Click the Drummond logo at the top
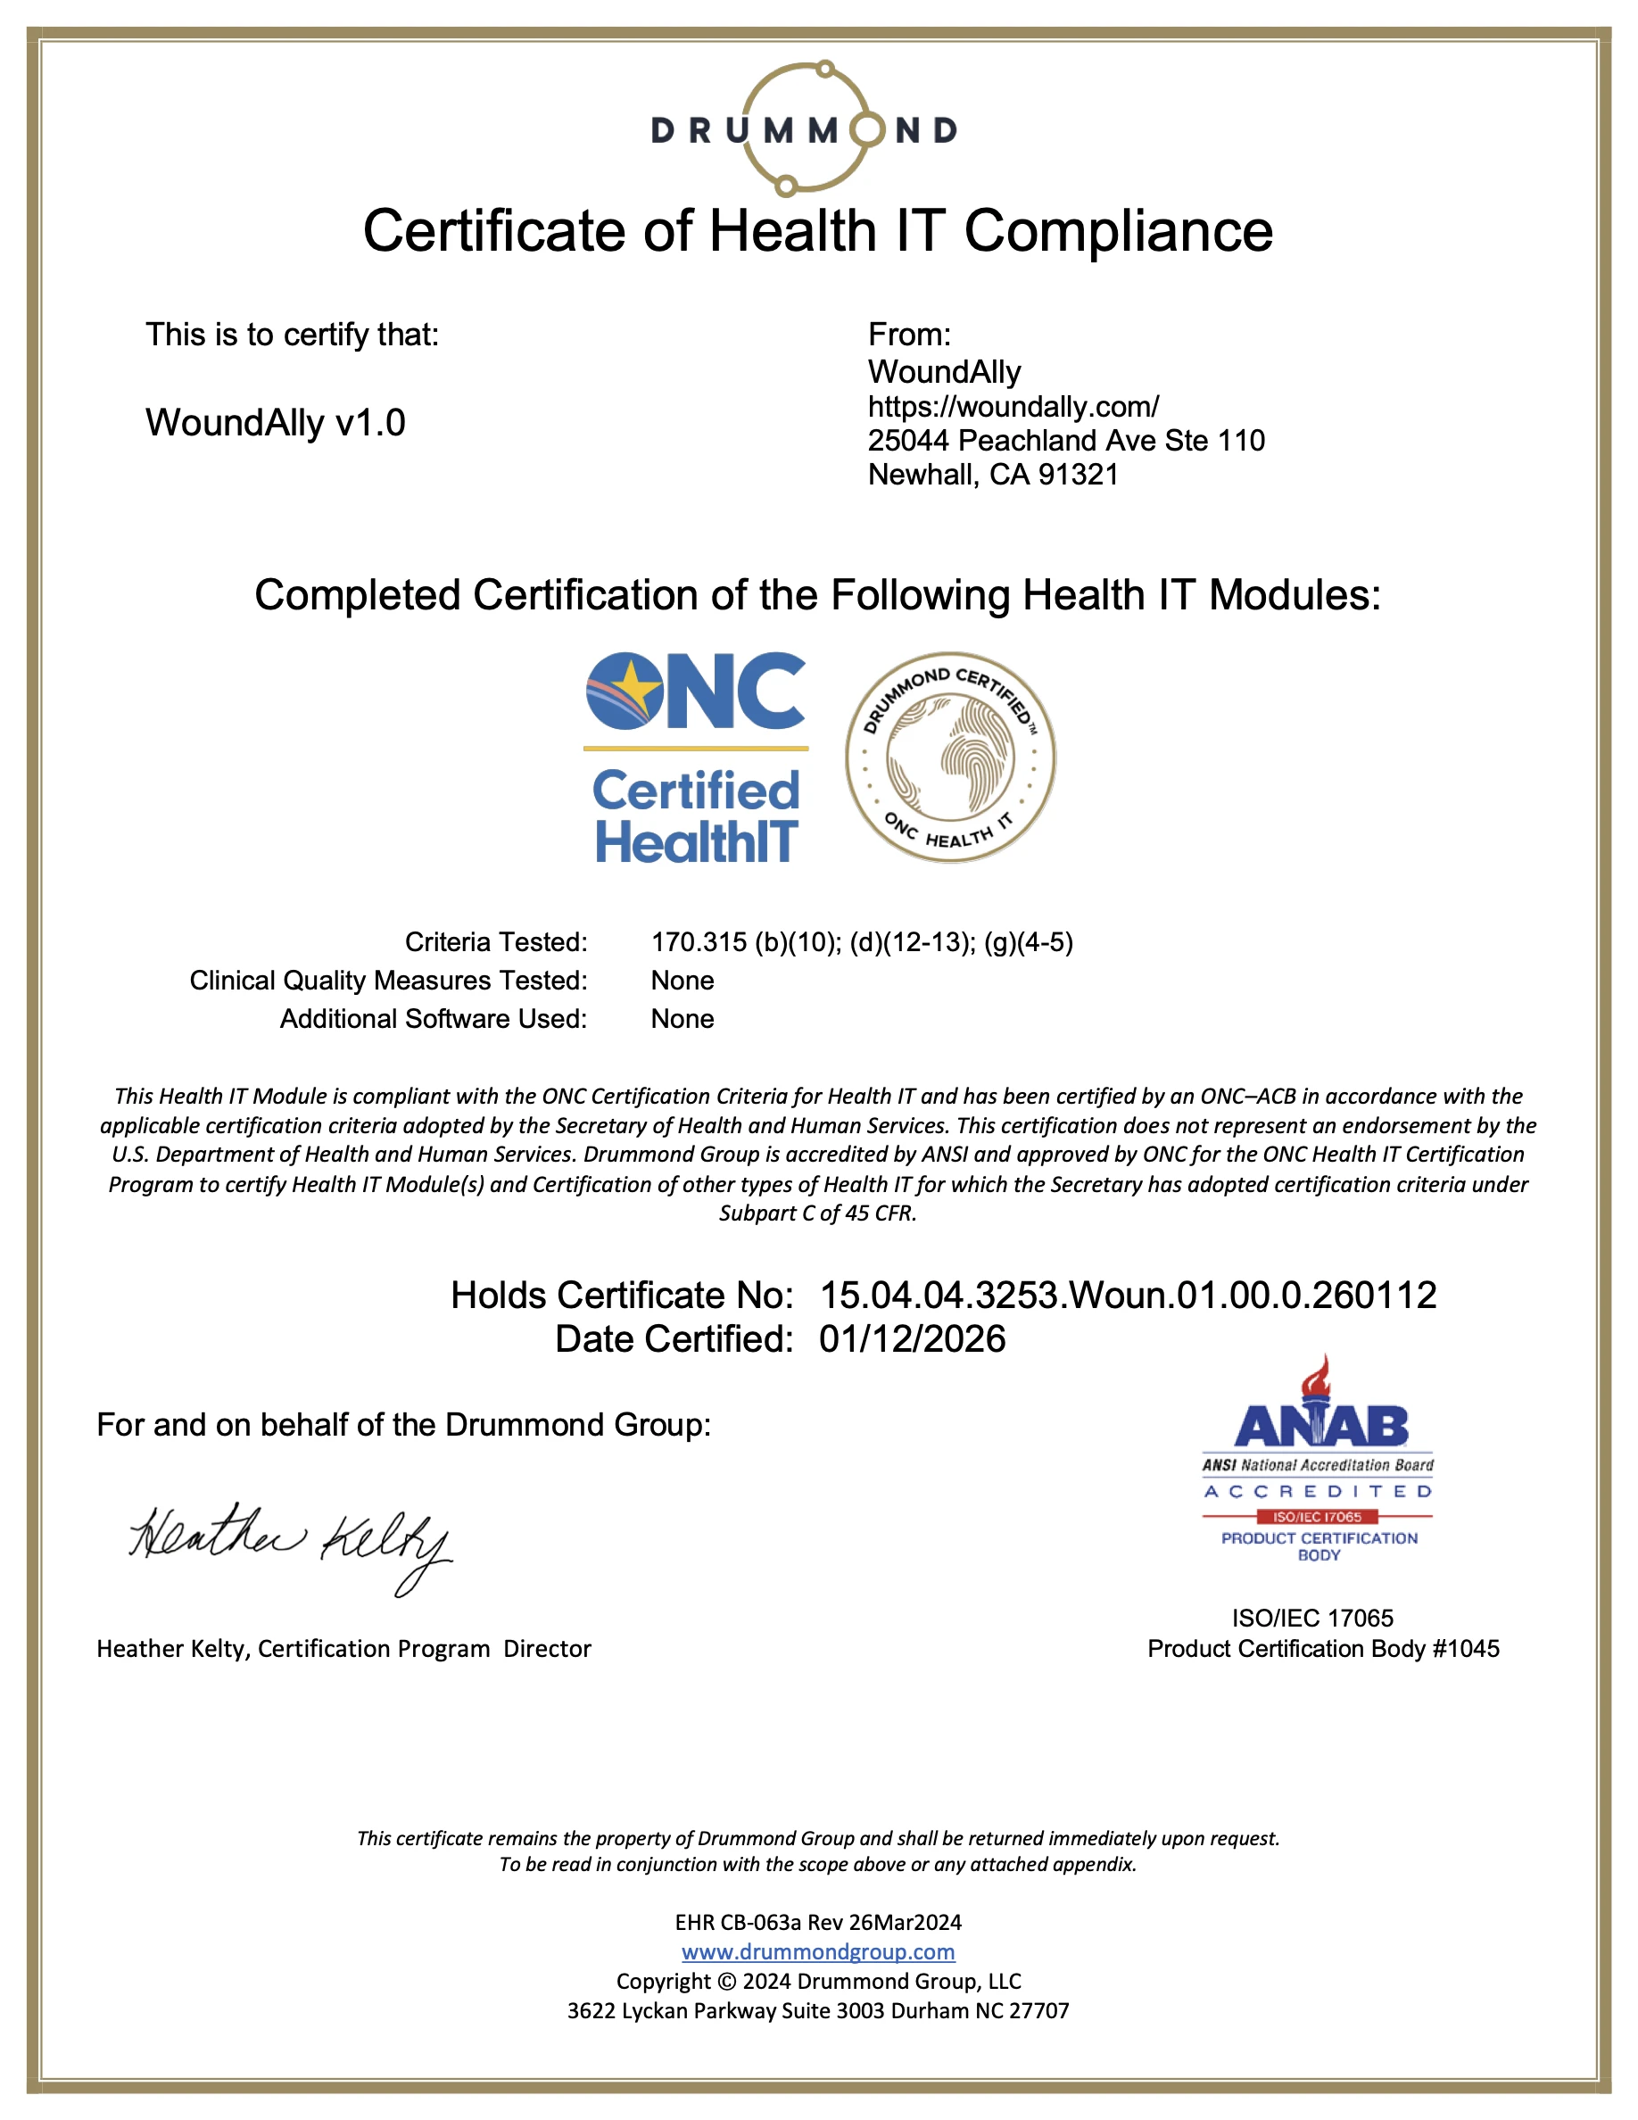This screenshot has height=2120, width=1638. coord(805,129)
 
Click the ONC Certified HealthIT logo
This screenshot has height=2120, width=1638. coord(696,758)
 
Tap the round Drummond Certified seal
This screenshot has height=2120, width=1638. coord(950,758)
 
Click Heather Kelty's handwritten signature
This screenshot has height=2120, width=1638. coord(290,1543)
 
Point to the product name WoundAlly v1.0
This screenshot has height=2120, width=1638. coord(276,423)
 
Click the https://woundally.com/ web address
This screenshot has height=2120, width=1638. coord(1013,407)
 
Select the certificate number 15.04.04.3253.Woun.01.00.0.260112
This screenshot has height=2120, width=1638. coord(1128,1295)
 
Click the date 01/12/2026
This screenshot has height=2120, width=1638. coord(912,1339)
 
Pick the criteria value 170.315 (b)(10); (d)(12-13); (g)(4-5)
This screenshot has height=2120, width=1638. coord(862,942)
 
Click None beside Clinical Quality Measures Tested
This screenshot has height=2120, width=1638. coord(682,981)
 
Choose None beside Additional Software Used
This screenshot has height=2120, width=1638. coord(682,1019)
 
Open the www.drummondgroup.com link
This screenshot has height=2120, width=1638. coord(818,1952)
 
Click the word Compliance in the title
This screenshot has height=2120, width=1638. coord(1118,231)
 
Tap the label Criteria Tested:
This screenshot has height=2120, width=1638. coord(496,942)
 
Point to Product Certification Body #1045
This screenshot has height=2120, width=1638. coord(1323,1649)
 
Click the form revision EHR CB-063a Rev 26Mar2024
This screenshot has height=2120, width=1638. coord(818,1923)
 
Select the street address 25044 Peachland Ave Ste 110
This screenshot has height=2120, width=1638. coord(1065,441)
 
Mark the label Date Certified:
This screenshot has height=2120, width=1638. coord(674,1339)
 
